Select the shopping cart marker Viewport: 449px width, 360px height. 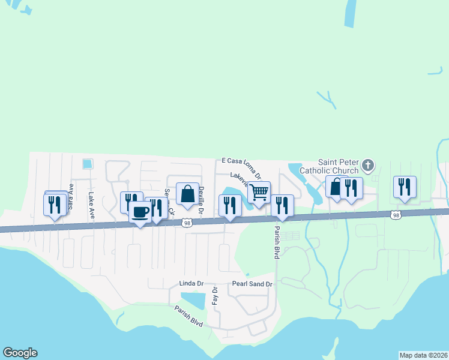point(259,193)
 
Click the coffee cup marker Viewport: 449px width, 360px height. point(140,213)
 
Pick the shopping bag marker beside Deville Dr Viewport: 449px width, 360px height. point(187,194)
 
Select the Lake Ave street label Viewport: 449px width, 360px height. point(91,196)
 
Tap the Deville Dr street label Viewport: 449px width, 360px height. point(202,200)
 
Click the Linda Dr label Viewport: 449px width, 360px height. point(191,283)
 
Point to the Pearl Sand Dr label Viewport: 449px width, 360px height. point(252,284)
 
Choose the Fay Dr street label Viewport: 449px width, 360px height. point(214,295)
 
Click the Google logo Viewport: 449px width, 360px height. point(20,353)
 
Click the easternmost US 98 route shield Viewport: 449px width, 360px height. point(395,214)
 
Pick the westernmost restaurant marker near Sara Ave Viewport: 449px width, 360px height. point(55,205)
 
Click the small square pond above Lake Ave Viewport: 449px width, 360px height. point(88,163)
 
